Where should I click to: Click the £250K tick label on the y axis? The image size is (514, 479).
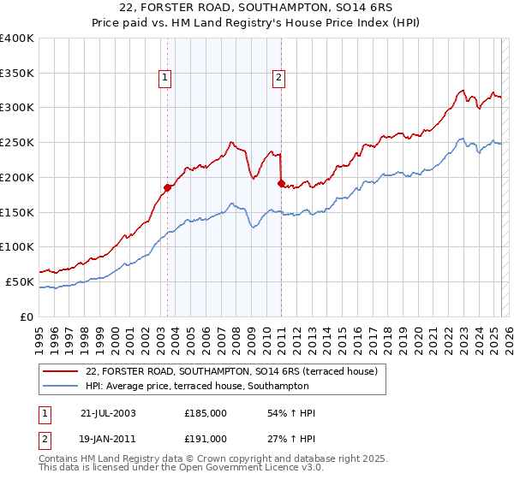coord(17,142)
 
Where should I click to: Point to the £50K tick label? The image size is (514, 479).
coord(20,281)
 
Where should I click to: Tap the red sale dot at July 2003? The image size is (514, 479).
coord(168,187)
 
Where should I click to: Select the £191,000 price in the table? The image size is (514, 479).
coord(206,439)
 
